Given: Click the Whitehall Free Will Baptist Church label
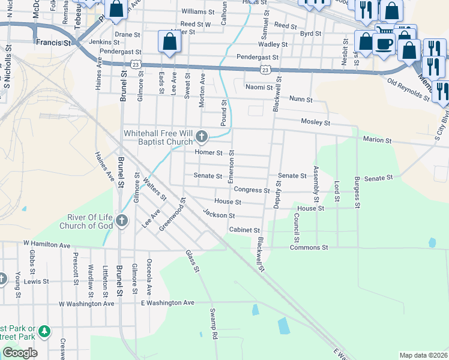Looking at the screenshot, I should (158, 137).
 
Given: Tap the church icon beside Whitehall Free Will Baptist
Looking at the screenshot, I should (202, 137).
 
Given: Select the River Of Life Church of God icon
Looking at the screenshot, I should (122, 221).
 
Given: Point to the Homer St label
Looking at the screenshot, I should (208, 153).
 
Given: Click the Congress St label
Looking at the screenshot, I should (252, 190).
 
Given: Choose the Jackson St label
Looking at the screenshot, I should (218, 214).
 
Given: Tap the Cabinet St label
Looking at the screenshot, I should (244, 230).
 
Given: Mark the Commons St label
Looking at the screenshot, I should (309, 247).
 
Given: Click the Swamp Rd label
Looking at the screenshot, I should (212, 324).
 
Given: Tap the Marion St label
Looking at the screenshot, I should (377, 140).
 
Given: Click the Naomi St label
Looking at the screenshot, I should (259, 87).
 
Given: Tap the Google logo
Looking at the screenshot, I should (20, 353).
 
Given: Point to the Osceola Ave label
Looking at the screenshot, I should (149, 277).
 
